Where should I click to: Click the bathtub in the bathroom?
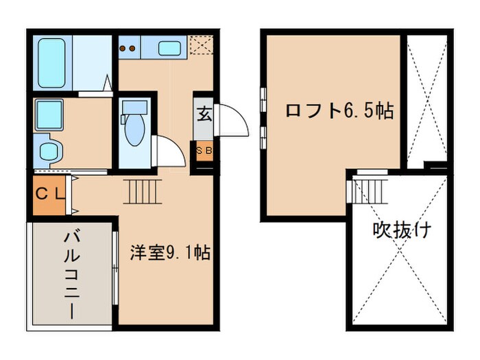click(53, 62)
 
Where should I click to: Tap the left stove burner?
click(123, 48)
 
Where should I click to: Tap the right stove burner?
click(132, 48)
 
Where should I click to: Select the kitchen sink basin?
click(169, 48)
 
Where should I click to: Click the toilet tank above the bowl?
click(134, 106)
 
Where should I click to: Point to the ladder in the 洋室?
click(142, 190)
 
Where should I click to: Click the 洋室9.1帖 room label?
click(169, 253)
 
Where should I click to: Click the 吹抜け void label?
click(402, 230)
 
